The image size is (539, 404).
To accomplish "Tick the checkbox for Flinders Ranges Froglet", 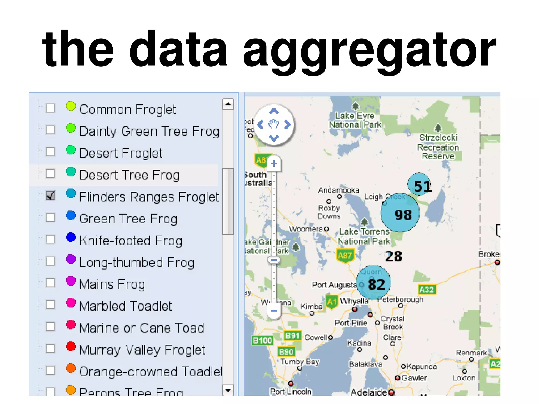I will pos(50,195).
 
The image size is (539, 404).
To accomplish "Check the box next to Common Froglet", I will pos(50,108).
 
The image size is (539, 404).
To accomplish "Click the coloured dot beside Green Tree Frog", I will pos(71,215).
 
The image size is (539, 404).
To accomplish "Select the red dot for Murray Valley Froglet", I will pos(71,346).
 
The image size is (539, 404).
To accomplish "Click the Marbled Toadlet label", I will pos(125,306).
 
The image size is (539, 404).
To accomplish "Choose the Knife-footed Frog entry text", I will pos(131,241).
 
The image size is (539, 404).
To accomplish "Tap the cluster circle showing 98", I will pos(400,213).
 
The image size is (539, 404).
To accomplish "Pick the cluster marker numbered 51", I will pos(420,184).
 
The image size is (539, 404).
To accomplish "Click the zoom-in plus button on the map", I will pos(274,163).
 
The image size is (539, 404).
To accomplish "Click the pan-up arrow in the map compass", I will pos(274,111).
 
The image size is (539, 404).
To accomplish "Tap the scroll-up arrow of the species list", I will pos(228,104).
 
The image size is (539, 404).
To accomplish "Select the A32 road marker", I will pos(427,290).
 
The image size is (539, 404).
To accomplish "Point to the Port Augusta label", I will pos(334,285).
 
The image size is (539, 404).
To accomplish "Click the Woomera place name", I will pos(306,229).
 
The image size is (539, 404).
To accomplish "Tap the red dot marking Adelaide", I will pos(391,392).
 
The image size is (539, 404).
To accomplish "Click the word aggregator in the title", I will pos(369,50).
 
